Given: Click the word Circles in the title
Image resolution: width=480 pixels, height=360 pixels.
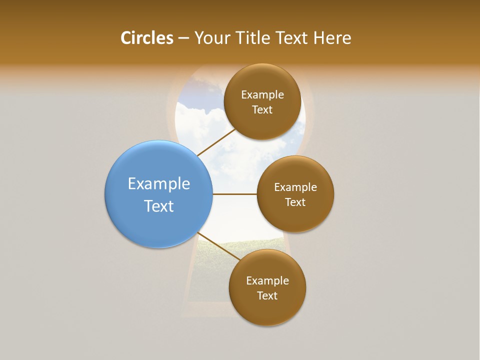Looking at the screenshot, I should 147,38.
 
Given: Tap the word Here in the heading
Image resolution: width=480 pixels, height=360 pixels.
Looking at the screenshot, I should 332,38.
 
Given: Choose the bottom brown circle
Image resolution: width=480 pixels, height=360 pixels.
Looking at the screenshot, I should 267,310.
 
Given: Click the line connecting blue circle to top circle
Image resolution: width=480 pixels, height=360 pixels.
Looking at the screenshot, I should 216,142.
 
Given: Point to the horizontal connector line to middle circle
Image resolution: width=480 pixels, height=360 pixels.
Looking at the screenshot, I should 234,194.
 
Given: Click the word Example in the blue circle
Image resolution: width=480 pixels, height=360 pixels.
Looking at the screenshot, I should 159,184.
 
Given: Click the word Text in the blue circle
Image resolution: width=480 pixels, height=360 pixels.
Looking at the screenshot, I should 159,206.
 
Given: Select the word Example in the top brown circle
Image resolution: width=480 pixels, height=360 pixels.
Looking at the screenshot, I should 262,95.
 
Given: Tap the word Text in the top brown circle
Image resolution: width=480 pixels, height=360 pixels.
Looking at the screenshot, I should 262,110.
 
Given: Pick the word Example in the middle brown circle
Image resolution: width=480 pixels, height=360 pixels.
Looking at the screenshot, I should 295,187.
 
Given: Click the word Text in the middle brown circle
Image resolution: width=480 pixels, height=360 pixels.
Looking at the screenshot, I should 295,202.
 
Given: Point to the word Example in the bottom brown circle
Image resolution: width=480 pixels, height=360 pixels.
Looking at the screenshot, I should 267,281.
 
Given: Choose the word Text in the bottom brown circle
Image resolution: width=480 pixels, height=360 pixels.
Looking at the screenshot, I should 267,296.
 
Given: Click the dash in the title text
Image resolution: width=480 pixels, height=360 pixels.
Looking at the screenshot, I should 183,38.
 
